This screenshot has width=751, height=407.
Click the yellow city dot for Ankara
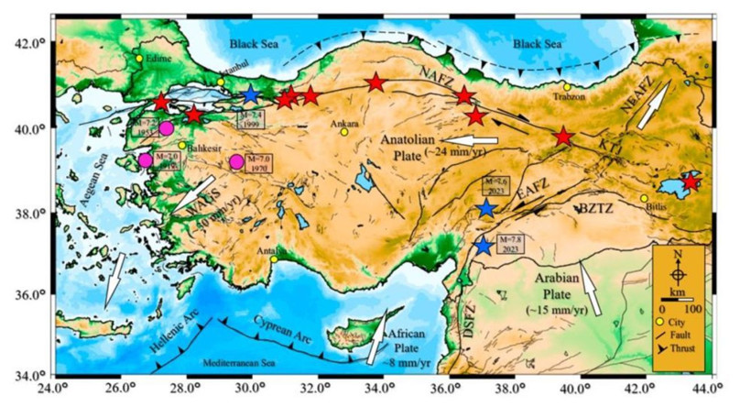point(344,132)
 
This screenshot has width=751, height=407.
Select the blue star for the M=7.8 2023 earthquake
point(484,246)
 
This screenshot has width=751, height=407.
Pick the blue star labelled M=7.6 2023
point(486,209)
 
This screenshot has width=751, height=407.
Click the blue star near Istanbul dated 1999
point(251,95)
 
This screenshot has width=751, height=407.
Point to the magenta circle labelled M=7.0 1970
point(237,162)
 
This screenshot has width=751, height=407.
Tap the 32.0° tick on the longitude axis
point(315,386)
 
